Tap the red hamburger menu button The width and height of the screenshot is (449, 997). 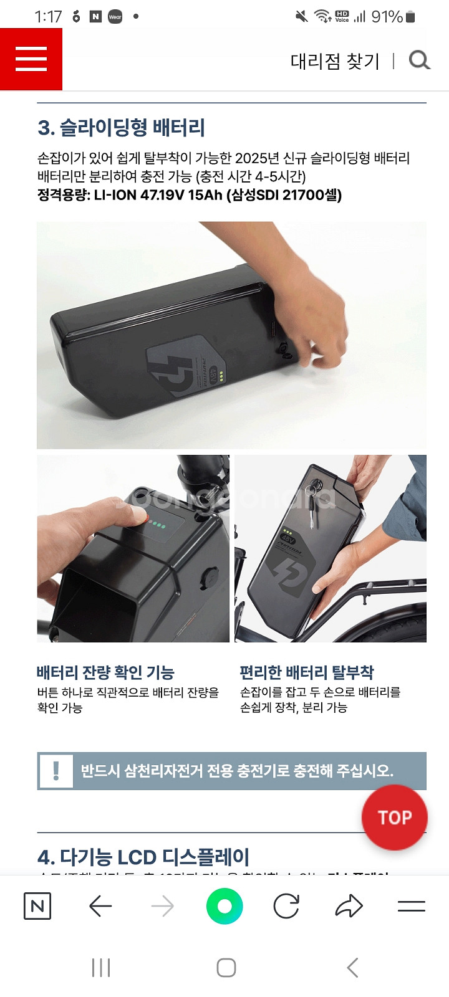tap(31, 59)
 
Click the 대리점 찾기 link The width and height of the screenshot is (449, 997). tap(335, 61)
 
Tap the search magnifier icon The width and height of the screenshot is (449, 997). tap(419, 60)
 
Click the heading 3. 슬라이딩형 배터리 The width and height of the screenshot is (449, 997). tap(122, 128)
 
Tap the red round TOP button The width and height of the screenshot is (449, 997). tap(395, 817)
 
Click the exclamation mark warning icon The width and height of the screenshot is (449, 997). tap(56, 771)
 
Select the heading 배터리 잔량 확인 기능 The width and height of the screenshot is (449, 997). tap(105, 672)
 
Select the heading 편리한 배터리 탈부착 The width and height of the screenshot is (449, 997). tap(307, 672)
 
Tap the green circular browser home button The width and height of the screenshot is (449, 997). tap(224, 906)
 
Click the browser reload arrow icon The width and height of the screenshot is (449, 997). tap(286, 906)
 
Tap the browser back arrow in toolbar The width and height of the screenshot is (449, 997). tap(100, 906)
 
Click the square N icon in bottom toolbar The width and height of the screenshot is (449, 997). tap(37, 906)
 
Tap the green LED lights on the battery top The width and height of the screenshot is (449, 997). tap(157, 525)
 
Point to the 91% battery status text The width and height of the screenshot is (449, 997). tap(387, 17)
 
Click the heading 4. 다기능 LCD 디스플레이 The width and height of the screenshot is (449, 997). tap(143, 857)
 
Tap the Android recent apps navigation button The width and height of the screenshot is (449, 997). tap(101, 968)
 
